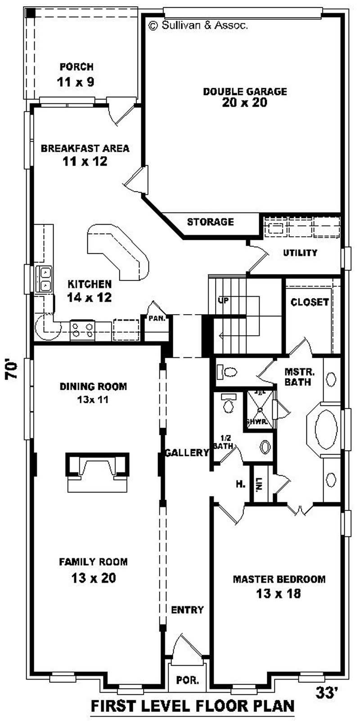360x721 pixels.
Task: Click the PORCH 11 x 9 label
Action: [76, 75]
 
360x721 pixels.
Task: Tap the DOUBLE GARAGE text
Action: [245, 91]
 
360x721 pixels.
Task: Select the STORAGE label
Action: [210, 222]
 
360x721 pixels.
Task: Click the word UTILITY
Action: [300, 253]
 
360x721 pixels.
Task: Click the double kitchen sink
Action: [45, 279]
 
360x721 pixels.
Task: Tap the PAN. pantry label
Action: [157, 318]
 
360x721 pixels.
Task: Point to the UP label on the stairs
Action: [224, 300]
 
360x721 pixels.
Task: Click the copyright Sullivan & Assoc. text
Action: [198, 26]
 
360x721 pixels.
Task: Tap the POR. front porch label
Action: [188, 680]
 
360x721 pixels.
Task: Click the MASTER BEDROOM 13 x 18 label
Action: [279, 586]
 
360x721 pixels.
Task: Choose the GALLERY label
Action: [187, 452]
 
